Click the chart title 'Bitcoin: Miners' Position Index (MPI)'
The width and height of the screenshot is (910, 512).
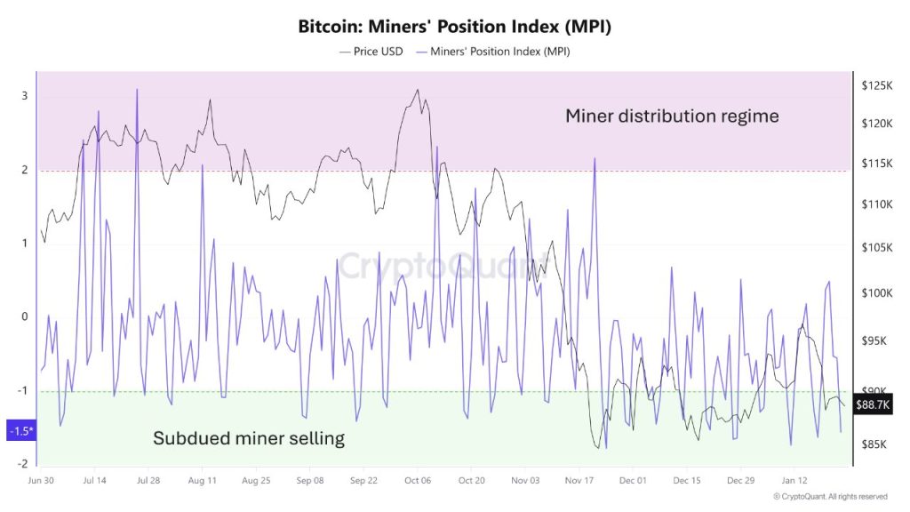tap(455, 27)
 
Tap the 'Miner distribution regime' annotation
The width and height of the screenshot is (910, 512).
tap(672, 116)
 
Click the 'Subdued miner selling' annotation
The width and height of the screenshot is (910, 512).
tap(249, 438)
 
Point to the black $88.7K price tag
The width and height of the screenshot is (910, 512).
tap(872, 404)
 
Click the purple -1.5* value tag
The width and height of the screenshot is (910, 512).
tap(19, 431)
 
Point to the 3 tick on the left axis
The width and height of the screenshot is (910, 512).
tap(25, 96)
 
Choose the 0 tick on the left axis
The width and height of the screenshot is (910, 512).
tap(25, 316)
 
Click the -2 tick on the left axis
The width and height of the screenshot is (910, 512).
tap(22, 463)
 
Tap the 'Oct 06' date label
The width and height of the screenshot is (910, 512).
tap(417, 480)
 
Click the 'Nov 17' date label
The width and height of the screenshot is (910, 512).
tap(579, 480)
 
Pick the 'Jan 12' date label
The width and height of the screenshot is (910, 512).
tap(795, 480)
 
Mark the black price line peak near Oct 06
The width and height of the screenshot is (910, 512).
tap(417, 90)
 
